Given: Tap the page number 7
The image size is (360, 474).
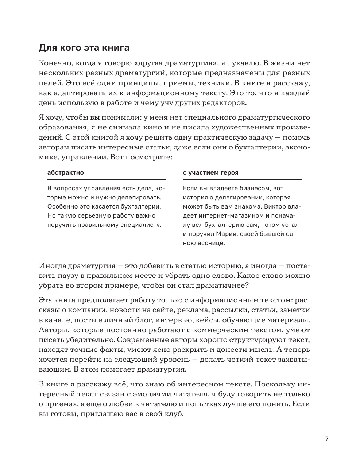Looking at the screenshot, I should click(x=327, y=439).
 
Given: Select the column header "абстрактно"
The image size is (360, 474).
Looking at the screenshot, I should click(x=66, y=172).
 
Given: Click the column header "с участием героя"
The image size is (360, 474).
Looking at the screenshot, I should click(x=211, y=172).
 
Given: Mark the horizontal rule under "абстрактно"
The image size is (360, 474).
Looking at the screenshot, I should click(x=107, y=180).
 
